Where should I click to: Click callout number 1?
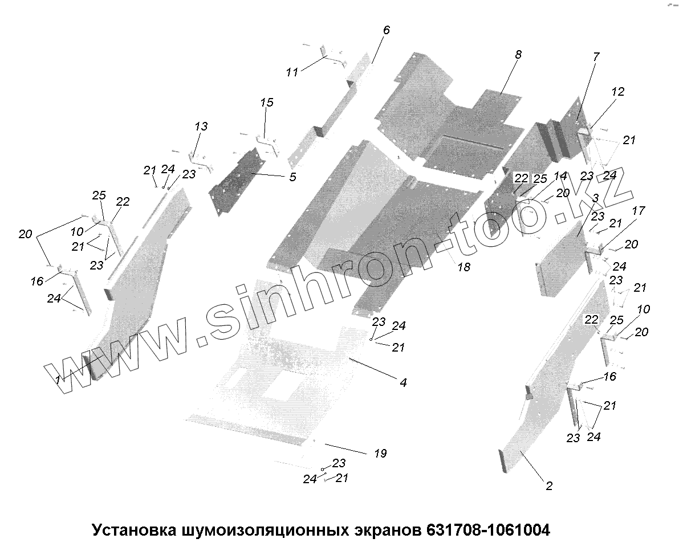point(59,380)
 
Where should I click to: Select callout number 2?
point(548,486)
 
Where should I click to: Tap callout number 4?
point(402,383)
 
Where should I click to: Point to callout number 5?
point(292,177)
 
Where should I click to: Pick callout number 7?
point(596,56)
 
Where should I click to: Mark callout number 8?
point(518,55)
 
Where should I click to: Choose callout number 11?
point(292,72)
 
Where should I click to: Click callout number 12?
point(618,92)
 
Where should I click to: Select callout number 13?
point(201,127)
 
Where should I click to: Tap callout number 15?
point(267,103)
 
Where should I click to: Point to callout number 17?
point(637,211)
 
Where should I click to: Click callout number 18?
point(464,266)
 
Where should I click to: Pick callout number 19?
point(380,454)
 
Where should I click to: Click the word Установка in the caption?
point(133,531)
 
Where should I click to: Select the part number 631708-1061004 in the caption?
point(487,531)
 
